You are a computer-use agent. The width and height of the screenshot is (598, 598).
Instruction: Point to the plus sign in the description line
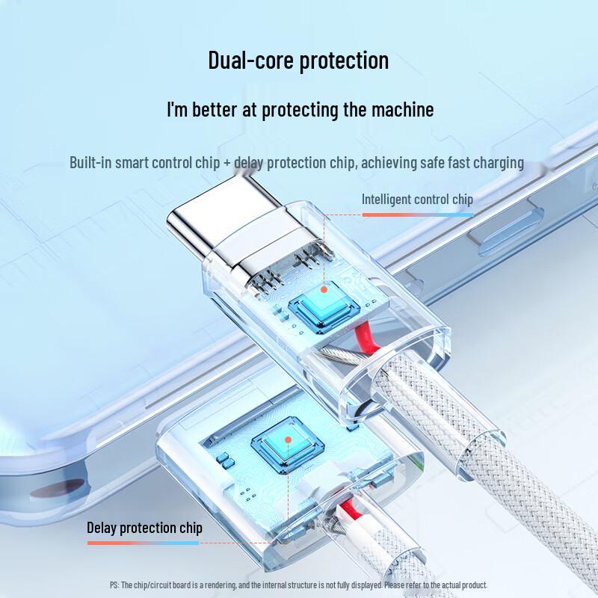227,162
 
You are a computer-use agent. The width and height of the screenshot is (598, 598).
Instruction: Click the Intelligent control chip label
417,200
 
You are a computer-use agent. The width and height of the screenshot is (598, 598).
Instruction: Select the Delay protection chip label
144,528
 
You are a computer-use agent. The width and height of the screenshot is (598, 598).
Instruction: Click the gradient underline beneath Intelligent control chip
417,214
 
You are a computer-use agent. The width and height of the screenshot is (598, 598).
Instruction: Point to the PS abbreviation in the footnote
114,585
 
